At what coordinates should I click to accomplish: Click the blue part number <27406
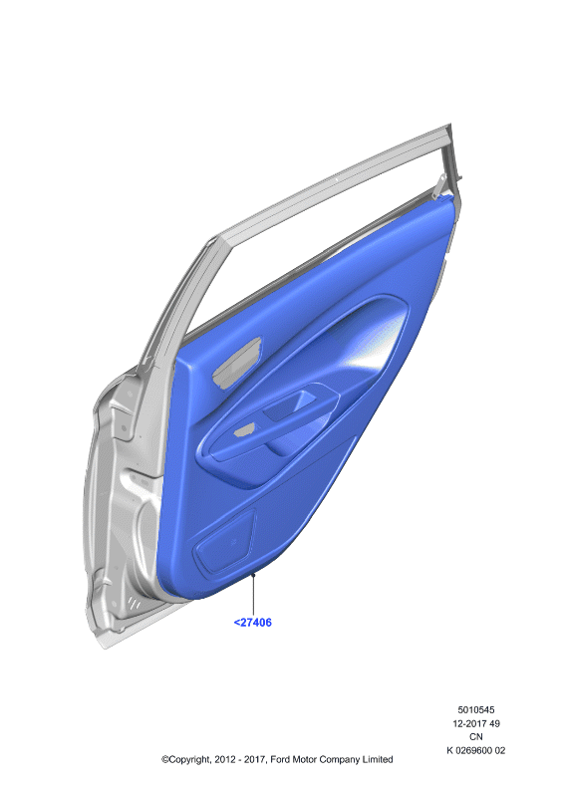[x=252, y=622]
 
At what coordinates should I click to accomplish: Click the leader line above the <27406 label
[x=253, y=594]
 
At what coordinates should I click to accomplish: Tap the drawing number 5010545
[x=476, y=709]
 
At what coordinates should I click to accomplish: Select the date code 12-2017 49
[x=476, y=723]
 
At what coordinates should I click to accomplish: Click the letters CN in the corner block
[x=476, y=736]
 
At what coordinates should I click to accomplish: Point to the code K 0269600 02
[x=476, y=750]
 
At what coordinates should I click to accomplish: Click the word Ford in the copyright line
[x=281, y=759]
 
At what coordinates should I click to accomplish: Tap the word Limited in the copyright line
[x=378, y=759]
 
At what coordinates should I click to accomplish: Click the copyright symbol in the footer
[x=165, y=760]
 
